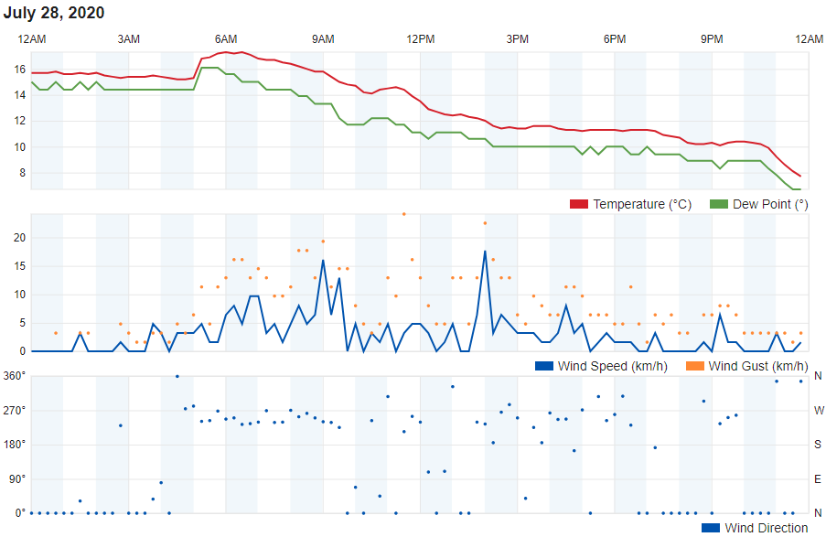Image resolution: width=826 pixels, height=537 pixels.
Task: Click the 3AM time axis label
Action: (129, 38)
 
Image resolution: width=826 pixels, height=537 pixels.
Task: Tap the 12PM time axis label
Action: (421, 38)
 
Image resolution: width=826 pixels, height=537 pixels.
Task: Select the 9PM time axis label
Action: (712, 38)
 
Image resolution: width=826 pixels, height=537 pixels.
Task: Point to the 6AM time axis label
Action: (226, 38)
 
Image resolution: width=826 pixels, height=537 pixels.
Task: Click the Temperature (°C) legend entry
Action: (641, 204)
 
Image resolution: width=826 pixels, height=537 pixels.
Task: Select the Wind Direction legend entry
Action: (766, 528)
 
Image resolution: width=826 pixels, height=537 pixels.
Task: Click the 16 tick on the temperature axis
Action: (19, 70)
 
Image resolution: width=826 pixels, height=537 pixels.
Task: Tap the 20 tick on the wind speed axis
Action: (19, 238)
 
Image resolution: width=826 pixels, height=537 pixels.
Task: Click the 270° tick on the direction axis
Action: (16, 410)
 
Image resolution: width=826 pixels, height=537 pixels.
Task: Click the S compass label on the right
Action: (818, 445)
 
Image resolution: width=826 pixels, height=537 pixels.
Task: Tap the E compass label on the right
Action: (818, 478)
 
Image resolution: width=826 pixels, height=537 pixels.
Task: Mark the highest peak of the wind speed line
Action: (485, 251)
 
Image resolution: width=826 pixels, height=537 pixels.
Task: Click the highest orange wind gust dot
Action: (404, 214)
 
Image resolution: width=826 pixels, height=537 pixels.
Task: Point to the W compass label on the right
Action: (818, 410)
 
